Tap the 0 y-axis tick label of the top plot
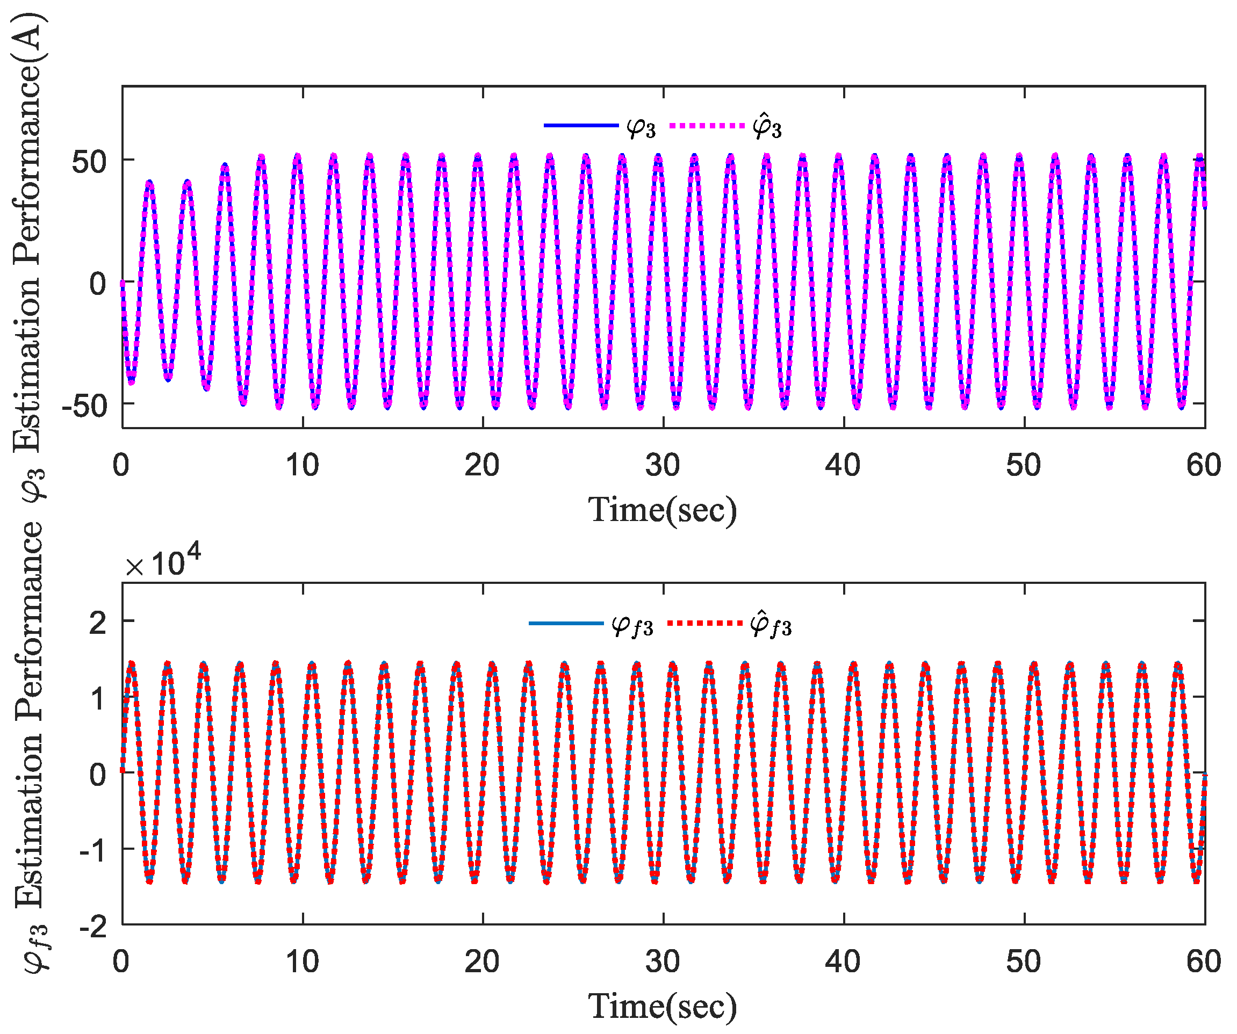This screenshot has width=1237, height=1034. pos(98,284)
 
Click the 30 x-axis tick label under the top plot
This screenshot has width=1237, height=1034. pos(663,466)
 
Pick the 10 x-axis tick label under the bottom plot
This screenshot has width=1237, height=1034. pos(302,962)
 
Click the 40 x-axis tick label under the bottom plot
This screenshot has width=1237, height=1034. pos(843,962)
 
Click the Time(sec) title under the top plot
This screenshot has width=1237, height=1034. pos(663,510)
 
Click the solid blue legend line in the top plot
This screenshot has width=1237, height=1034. pos(581,125)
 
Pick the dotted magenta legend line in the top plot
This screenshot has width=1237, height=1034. pos(707,125)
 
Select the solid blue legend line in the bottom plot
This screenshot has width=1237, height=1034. pos(566,623)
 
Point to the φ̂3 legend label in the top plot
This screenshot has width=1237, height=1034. pos(767,127)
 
